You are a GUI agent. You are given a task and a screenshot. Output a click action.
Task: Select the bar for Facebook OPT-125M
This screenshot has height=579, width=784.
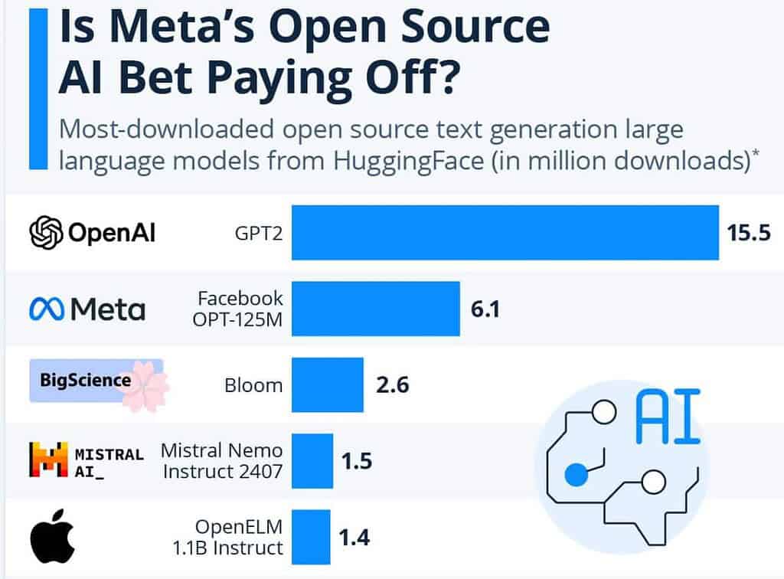(x=376, y=309)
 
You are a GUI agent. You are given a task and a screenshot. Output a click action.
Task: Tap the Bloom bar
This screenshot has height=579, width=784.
(x=328, y=384)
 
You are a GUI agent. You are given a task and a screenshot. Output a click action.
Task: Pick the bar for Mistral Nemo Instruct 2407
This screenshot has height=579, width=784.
(x=312, y=461)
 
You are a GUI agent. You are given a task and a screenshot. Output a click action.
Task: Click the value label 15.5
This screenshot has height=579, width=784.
(x=748, y=233)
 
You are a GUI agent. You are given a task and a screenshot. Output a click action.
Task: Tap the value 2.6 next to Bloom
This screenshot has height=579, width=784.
(x=392, y=384)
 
